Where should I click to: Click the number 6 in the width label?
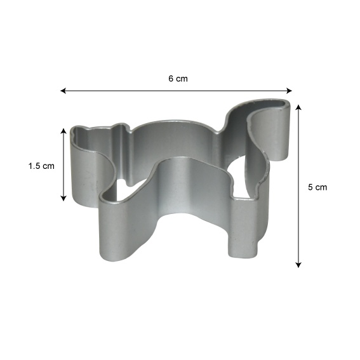point(171,79)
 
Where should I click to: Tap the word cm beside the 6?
point(182,79)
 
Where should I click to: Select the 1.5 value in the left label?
point(34,166)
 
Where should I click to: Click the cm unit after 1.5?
point(48,166)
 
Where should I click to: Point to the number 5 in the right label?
point(310,187)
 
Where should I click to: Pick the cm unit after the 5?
point(321,187)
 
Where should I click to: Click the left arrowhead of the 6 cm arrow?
point(63,91)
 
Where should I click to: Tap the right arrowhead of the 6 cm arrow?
point(290,91)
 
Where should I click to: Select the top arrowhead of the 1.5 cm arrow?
point(63,131)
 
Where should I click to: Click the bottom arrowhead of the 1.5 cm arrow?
point(63,198)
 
